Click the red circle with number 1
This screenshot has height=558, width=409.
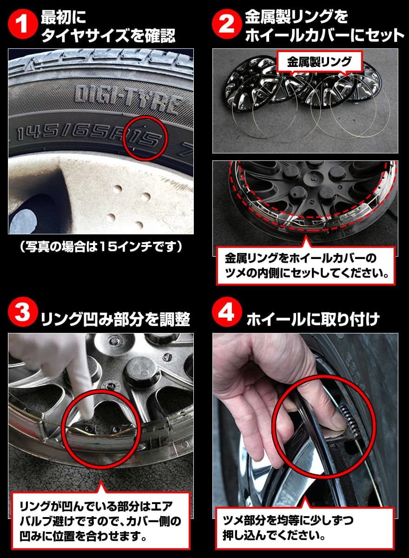(x=21, y=26)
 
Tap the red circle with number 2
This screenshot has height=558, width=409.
(x=226, y=26)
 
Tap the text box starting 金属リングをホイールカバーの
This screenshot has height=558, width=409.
(x=305, y=265)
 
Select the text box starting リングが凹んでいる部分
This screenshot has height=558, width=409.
(x=100, y=521)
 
